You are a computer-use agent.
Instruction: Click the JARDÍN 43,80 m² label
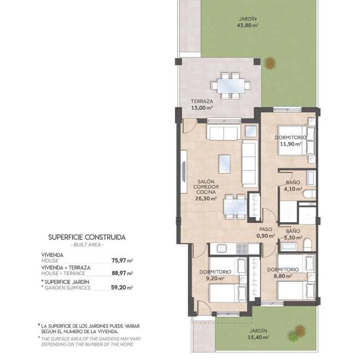(x=247, y=22)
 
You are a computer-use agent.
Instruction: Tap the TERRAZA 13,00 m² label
(x=202, y=104)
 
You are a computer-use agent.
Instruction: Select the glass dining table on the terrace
(x=231, y=86)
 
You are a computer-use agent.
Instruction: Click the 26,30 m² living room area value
(x=206, y=198)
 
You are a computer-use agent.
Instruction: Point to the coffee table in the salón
(x=225, y=164)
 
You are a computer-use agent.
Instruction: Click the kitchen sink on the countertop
(x=222, y=249)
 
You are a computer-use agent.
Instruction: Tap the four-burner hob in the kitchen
(x=242, y=249)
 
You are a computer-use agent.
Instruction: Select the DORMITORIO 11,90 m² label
(x=291, y=141)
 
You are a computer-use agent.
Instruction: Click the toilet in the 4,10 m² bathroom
(x=309, y=194)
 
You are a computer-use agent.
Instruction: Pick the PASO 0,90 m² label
(x=266, y=232)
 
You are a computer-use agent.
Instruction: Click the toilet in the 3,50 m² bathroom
(x=307, y=245)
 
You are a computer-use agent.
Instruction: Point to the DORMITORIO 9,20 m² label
(x=215, y=275)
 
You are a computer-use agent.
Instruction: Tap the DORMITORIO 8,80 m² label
(x=283, y=273)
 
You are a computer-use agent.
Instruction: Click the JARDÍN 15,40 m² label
(x=258, y=334)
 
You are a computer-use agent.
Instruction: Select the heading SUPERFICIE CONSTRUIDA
(x=87, y=237)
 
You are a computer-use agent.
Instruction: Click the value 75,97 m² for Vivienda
(x=122, y=261)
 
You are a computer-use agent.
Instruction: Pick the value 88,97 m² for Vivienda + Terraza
(x=122, y=273)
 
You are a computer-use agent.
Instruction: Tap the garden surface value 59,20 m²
(x=122, y=288)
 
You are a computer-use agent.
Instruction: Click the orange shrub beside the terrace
(x=270, y=63)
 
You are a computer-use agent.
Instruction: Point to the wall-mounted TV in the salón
(x=184, y=172)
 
